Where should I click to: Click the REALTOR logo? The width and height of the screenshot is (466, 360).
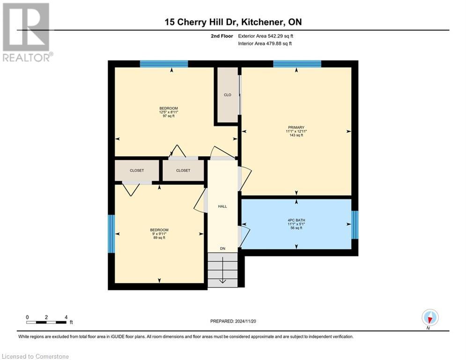[x=26, y=32]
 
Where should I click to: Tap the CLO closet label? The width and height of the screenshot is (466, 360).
[x=227, y=95]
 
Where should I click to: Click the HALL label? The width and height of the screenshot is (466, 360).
[x=222, y=206]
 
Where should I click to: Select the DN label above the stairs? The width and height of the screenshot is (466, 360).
[x=223, y=249]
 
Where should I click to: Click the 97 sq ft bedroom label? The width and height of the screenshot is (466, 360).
[x=168, y=112]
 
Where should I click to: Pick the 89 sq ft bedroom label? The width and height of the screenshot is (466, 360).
[x=159, y=233]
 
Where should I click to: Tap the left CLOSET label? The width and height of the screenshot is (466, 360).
[x=137, y=171]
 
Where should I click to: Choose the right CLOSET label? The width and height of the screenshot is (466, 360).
[x=183, y=171]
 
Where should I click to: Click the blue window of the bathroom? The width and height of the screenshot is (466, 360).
[x=355, y=225]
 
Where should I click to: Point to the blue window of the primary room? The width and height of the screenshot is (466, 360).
[x=297, y=64]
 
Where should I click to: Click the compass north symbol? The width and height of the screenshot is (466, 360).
[x=429, y=318]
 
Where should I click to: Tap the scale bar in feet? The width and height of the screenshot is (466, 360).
[x=46, y=322]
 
